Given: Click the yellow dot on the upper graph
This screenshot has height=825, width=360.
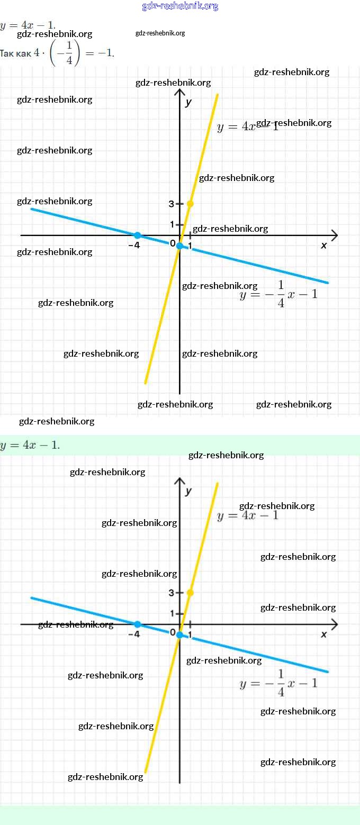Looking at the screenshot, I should point(190,204).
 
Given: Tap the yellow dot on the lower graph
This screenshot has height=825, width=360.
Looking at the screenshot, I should point(190,593).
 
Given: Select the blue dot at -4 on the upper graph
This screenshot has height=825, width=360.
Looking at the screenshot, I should point(137,235).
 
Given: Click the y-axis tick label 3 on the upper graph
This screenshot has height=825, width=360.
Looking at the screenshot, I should point(172,204).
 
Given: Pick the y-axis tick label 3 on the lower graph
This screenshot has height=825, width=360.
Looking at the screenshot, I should point(172,593).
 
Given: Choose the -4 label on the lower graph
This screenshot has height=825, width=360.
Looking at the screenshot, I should point(134,634).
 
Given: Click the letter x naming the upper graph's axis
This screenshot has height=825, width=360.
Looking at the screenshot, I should point(324,245).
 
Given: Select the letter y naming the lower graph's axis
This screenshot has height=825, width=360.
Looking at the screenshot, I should point(188,491).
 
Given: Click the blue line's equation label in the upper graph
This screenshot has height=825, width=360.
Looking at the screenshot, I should point(278,294).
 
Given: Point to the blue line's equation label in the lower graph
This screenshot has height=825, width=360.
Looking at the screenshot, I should point(278,683).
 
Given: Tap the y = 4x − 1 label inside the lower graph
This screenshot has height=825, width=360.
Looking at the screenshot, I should point(247,515).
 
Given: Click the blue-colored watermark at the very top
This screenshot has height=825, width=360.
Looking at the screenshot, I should point(180,6).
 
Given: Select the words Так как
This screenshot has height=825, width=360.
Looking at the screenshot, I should point(15,53).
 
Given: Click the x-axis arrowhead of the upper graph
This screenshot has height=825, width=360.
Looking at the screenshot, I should point(334,235).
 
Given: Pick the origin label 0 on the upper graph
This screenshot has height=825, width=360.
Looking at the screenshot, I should point(173,243).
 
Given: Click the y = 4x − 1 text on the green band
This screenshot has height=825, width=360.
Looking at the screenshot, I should point(30,445).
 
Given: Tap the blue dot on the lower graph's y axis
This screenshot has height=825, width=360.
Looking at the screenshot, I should point(180,634).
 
